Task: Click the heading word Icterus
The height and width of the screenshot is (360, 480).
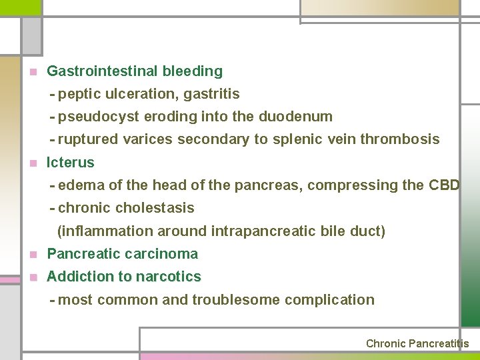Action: [71, 162]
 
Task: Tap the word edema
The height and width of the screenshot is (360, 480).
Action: [79, 185]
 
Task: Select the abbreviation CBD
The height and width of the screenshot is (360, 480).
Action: [444, 185]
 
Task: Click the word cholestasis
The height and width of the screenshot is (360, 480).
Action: [155, 208]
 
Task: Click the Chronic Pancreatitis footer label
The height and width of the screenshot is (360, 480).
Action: [417, 344]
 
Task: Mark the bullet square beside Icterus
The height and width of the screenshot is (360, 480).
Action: [31, 163]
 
